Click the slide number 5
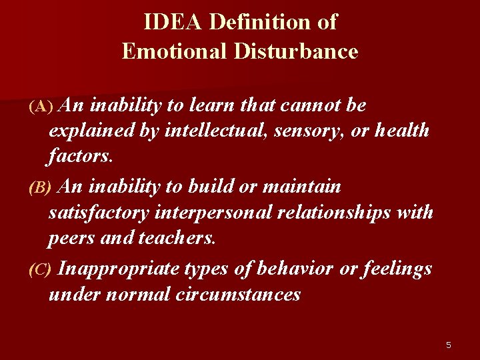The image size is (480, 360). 449,345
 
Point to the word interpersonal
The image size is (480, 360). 221,213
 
